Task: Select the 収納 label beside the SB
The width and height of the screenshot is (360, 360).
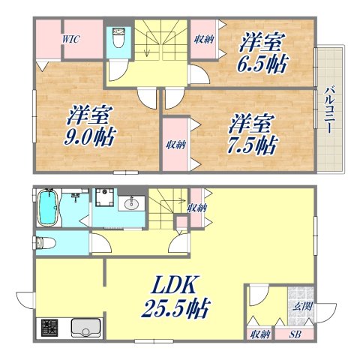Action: click(x=260, y=334)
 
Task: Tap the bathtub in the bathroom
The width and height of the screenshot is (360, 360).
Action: click(x=47, y=209)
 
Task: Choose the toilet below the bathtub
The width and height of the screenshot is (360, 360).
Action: click(x=45, y=243)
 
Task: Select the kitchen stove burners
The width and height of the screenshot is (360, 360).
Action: click(x=50, y=328)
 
